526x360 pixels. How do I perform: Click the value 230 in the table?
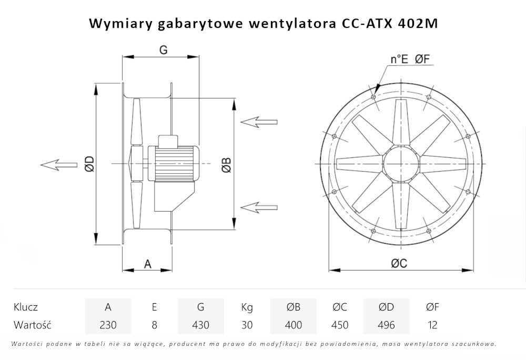[x=108, y=325]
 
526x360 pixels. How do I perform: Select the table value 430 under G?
[x=200, y=325]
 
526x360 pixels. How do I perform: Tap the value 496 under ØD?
[x=386, y=325]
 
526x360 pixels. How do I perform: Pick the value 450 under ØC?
[x=340, y=325]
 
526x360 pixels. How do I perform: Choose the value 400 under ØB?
[x=293, y=325]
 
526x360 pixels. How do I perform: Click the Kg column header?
[x=247, y=307]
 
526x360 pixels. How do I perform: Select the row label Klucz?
[x=26, y=307]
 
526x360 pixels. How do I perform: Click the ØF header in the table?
[x=432, y=307]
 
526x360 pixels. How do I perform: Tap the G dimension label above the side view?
[x=163, y=50]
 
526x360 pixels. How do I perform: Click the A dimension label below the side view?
[x=148, y=264]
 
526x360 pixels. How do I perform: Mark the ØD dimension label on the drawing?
[x=89, y=165]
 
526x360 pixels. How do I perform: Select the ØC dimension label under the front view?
[x=399, y=264]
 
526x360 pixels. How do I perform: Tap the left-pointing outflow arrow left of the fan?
[x=58, y=165]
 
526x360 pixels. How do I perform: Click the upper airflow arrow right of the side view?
[x=258, y=122]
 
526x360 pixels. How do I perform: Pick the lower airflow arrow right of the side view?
[x=258, y=206]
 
